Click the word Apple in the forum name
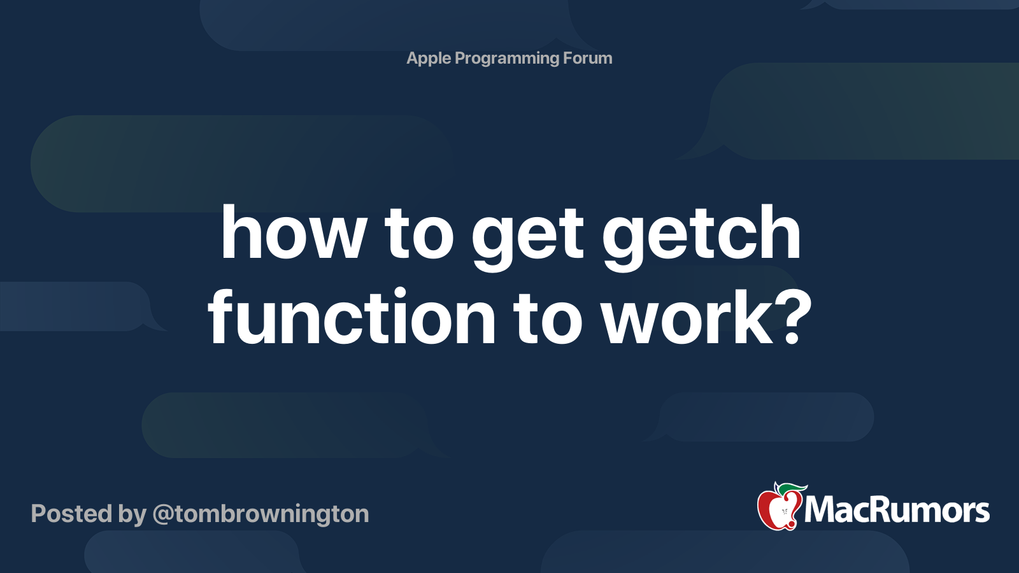click(429, 59)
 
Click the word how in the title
click(294, 234)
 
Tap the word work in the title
click(688, 317)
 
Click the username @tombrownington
click(260, 514)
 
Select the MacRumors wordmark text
click(897, 511)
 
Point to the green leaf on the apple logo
click(792, 489)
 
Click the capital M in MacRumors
click(820, 511)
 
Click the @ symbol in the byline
click(163, 514)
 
